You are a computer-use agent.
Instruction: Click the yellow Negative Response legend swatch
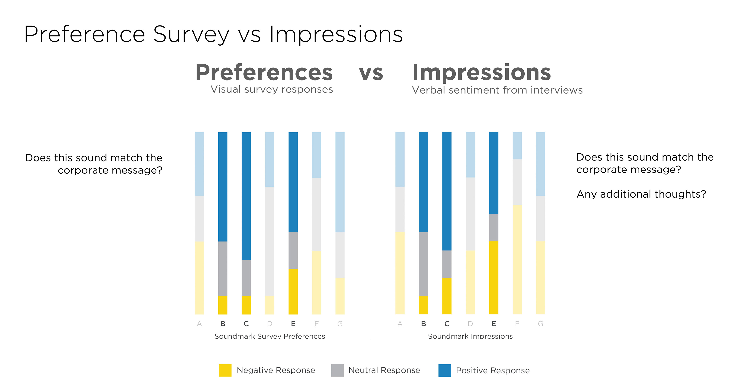225,370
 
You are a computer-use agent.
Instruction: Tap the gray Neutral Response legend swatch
337,370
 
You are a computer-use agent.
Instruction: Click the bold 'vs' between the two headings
371,73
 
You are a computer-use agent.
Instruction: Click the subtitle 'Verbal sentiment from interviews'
497,90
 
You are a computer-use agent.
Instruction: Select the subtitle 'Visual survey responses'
272,89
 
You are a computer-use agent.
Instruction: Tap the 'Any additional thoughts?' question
641,194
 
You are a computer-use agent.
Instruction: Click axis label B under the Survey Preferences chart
223,324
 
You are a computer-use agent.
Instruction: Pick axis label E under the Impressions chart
494,324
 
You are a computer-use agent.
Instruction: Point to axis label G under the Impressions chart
540,324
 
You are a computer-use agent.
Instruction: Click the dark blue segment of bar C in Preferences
246,196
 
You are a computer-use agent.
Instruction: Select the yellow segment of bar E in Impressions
494,277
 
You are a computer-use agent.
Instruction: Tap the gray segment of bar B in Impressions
423,264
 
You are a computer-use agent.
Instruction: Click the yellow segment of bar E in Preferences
293,291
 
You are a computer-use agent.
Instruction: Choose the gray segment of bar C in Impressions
447,264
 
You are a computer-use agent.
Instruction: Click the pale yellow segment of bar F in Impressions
517,259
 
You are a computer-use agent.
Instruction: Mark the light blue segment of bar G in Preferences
340,182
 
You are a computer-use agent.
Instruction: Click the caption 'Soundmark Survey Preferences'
270,336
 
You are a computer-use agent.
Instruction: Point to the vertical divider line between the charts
370,228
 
